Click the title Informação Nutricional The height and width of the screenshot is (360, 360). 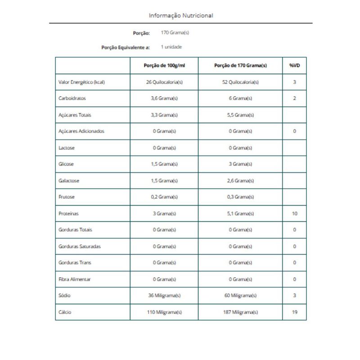pos(181,15)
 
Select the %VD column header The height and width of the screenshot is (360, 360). pos(294,66)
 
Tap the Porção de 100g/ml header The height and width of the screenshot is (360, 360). pos(164,66)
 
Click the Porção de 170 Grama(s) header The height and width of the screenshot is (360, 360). pos(240,66)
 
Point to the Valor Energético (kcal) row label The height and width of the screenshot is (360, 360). pos(82,82)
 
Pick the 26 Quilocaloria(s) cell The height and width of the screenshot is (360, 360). pos(164,82)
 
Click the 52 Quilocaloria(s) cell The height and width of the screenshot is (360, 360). pos(240,82)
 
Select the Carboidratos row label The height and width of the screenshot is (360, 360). pos(72,99)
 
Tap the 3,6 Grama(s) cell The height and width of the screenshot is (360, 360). pos(164,99)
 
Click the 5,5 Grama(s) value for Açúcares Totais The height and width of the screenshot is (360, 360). pos(240,115)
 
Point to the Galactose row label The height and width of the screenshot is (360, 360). pos(69,180)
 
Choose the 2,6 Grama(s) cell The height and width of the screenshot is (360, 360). pos(240,180)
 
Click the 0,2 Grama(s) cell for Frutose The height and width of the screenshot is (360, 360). pos(164,197)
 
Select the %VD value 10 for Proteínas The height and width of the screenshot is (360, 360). pos(294,213)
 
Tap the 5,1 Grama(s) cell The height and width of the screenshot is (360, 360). pos(240,213)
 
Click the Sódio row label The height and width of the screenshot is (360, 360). pos(64,296)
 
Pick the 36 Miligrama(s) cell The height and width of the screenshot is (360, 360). pos(164,296)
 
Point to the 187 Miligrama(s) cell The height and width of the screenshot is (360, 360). pos(240,312)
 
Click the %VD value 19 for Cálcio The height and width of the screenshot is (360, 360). pos(294,312)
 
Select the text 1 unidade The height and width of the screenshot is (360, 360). pos(171,47)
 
